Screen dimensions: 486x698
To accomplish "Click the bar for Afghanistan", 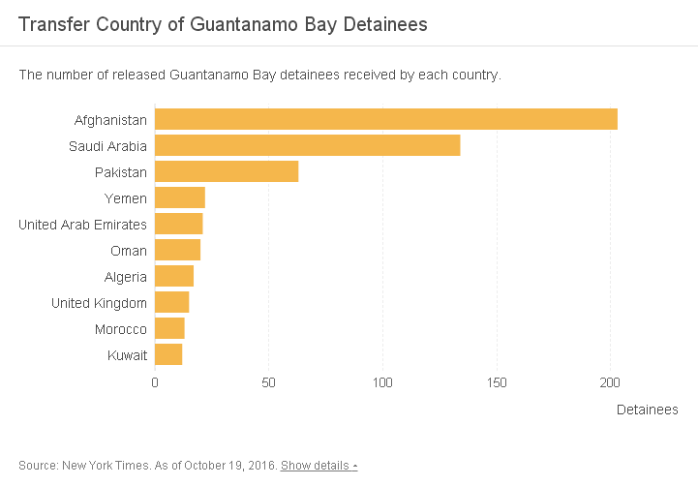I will pyautogui.click(x=385, y=119).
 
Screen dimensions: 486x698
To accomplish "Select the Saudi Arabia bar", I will pyautogui.click(x=307, y=145).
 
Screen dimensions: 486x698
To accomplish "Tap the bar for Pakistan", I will pyautogui.click(x=227, y=171).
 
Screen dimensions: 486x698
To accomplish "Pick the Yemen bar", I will pyautogui.click(x=180, y=197).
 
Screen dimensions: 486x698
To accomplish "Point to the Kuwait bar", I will pyautogui.click(x=168, y=354).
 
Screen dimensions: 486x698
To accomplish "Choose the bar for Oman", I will pyautogui.click(x=177, y=250).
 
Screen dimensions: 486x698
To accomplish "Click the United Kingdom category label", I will pyautogui.click(x=99, y=303).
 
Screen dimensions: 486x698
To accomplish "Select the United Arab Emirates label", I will pyautogui.click(x=83, y=225).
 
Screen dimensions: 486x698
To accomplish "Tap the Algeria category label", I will pyautogui.click(x=126, y=277).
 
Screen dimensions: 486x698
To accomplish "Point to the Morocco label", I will pyautogui.click(x=121, y=329).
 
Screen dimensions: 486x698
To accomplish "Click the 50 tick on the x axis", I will pyautogui.click(x=268, y=382).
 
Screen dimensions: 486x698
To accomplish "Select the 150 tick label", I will pyautogui.click(x=497, y=382).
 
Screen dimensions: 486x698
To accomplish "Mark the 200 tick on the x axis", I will pyautogui.click(x=611, y=382).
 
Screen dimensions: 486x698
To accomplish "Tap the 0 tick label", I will pyautogui.click(x=155, y=382).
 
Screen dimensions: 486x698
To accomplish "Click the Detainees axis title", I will pyautogui.click(x=647, y=410).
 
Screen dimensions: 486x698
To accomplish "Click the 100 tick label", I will pyautogui.click(x=382, y=382).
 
